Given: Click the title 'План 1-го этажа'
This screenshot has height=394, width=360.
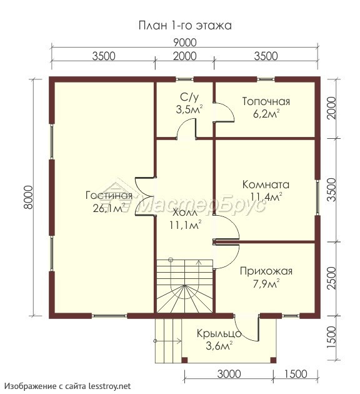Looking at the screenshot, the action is (185, 26).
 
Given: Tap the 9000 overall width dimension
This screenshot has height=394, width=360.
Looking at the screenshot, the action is (185, 43).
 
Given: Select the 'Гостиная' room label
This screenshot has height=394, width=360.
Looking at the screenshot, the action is (109, 195).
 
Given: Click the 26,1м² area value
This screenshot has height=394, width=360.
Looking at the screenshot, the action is (109, 208).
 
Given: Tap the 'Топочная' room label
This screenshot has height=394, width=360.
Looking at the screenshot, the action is (266, 101).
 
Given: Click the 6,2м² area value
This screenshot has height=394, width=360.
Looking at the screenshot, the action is (266, 114).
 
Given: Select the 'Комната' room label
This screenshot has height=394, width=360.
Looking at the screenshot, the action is (266, 184).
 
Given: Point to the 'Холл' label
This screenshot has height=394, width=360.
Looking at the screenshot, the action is (185, 213).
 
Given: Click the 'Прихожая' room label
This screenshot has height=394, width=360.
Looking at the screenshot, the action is (266, 271).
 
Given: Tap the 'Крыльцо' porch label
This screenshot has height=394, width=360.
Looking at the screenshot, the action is (219, 334).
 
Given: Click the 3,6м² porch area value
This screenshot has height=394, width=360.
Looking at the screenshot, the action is (219, 346).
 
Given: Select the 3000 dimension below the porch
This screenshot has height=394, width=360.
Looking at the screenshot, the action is (229, 373).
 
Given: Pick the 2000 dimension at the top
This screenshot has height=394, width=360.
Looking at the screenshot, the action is (185, 56).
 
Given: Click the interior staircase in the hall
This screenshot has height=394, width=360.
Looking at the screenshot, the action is (185, 286).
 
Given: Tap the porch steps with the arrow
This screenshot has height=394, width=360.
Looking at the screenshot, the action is (168, 341).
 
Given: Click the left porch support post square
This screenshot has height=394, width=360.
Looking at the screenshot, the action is (184, 360).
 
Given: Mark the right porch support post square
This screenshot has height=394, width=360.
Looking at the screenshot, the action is (273, 360).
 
